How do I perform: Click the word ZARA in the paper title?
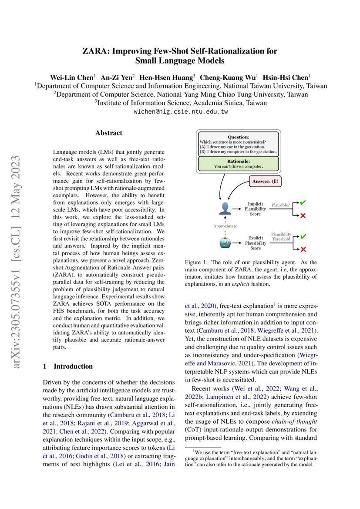96,51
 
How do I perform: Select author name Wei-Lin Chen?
71,77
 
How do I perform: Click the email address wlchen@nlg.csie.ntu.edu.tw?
180,111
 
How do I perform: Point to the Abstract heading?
109,133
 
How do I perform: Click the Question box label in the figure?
239,136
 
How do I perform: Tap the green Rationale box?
239,163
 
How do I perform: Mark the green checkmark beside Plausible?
303,202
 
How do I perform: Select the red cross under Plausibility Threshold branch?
303,249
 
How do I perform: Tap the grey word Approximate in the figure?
225,226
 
